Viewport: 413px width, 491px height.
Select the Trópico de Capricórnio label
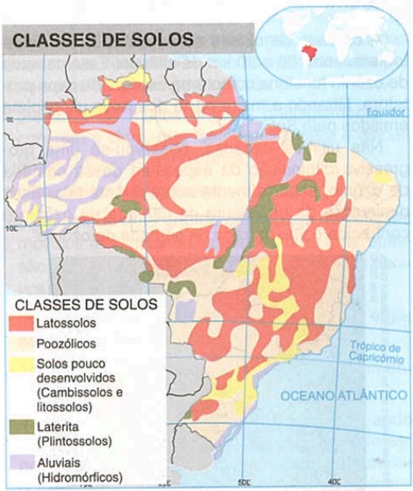(374, 352)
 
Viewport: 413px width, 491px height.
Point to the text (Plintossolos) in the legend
(76, 441)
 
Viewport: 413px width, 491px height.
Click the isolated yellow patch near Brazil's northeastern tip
(383, 177)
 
